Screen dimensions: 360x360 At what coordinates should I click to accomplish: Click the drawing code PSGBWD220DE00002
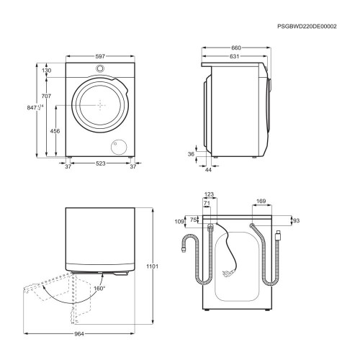307,27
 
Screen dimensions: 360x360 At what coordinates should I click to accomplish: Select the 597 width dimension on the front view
100,56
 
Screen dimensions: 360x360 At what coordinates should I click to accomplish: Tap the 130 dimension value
46,71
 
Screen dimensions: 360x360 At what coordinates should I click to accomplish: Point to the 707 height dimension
46,96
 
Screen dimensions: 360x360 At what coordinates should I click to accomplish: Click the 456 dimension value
55,131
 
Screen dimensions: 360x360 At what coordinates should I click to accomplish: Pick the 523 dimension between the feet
101,163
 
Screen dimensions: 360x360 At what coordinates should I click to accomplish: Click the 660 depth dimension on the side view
236,48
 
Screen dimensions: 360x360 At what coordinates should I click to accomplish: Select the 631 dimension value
234,56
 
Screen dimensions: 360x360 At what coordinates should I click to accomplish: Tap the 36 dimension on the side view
191,154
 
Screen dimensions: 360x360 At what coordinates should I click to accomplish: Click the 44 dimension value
209,170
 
